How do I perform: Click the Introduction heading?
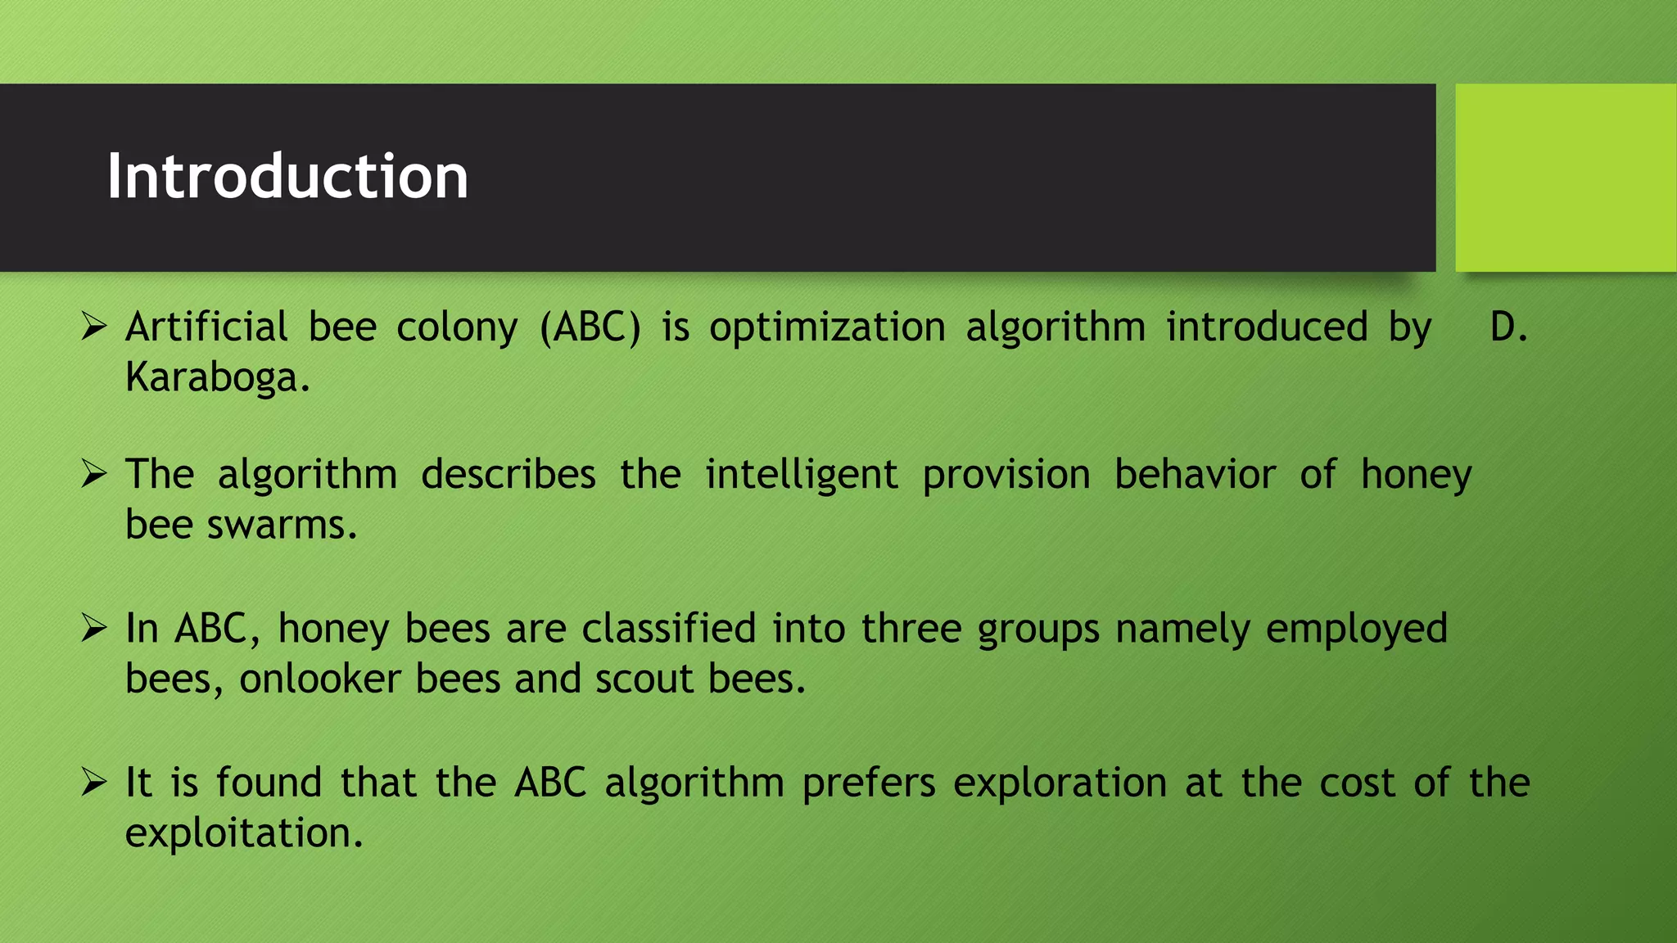pyautogui.click(x=287, y=177)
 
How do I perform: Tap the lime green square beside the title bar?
pyautogui.click(x=1565, y=178)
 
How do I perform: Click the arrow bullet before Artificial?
pyautogui.click(x=94, y=327)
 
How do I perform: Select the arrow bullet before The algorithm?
pyautogui.click(x=94, y=475)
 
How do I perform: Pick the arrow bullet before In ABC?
pyautogui.click(x=94, y=629)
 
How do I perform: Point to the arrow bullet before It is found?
pyautogui.click(x=94, y=783)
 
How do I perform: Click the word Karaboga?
pyautogui.click(x=217, y=378)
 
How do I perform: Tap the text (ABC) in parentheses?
pyautogui.click(x=590, y=327)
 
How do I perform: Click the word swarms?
pyautogui.click(x=282, y=526)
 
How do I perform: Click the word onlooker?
pyautogui.click(x=319, y=679)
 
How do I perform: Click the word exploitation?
pyautogui.click(x=243, y=834)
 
